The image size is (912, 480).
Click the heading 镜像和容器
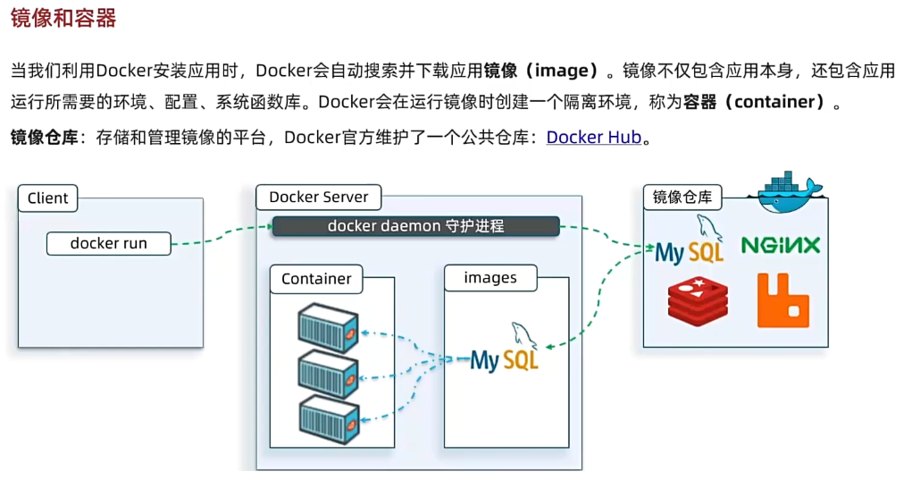[x=63, y=17]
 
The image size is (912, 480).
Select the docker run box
[x=108, y=243]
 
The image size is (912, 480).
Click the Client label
[x=47, y=198]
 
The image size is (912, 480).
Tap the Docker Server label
[x=318, y=198]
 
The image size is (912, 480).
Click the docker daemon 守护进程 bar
[x=415, y=226]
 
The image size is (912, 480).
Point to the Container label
[x=316, y=279]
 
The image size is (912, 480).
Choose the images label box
[x=489, y=278]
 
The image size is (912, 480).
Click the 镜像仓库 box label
[x=682, y=198]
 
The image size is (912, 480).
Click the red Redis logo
[x=697, y=300]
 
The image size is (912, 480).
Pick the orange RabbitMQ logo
[x=782, y=300]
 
